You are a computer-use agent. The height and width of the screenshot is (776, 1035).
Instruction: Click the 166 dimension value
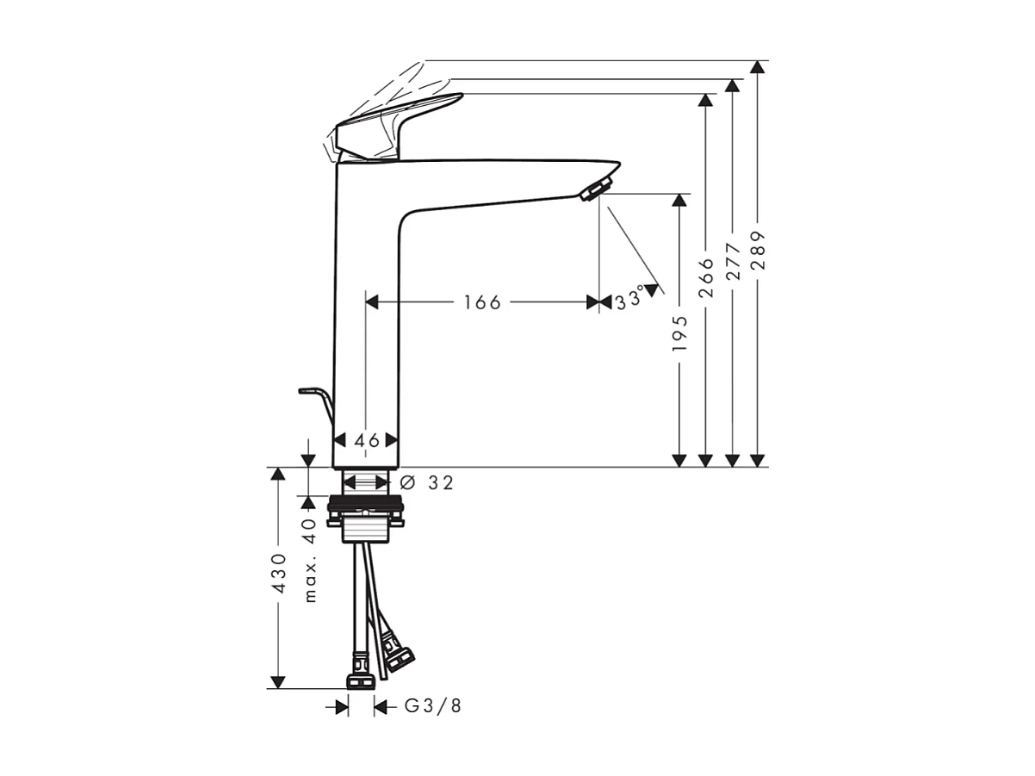click(x=481, y=302)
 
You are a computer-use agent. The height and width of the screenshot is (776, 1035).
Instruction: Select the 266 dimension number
click(x=706, y=277)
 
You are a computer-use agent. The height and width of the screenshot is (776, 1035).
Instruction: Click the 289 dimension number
click(x=758, y=250)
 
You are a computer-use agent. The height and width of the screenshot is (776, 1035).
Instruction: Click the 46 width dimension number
click(x=367, y=440)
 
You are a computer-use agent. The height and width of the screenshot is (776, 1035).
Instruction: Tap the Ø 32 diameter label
click(x=427, y=483)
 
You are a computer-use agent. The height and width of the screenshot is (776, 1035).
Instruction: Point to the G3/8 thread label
click(x=433, y=707)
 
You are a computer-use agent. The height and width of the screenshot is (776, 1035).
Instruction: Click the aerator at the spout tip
click(x=596, y=188)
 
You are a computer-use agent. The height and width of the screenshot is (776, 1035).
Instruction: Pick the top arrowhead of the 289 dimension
click(x=758, y=68)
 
